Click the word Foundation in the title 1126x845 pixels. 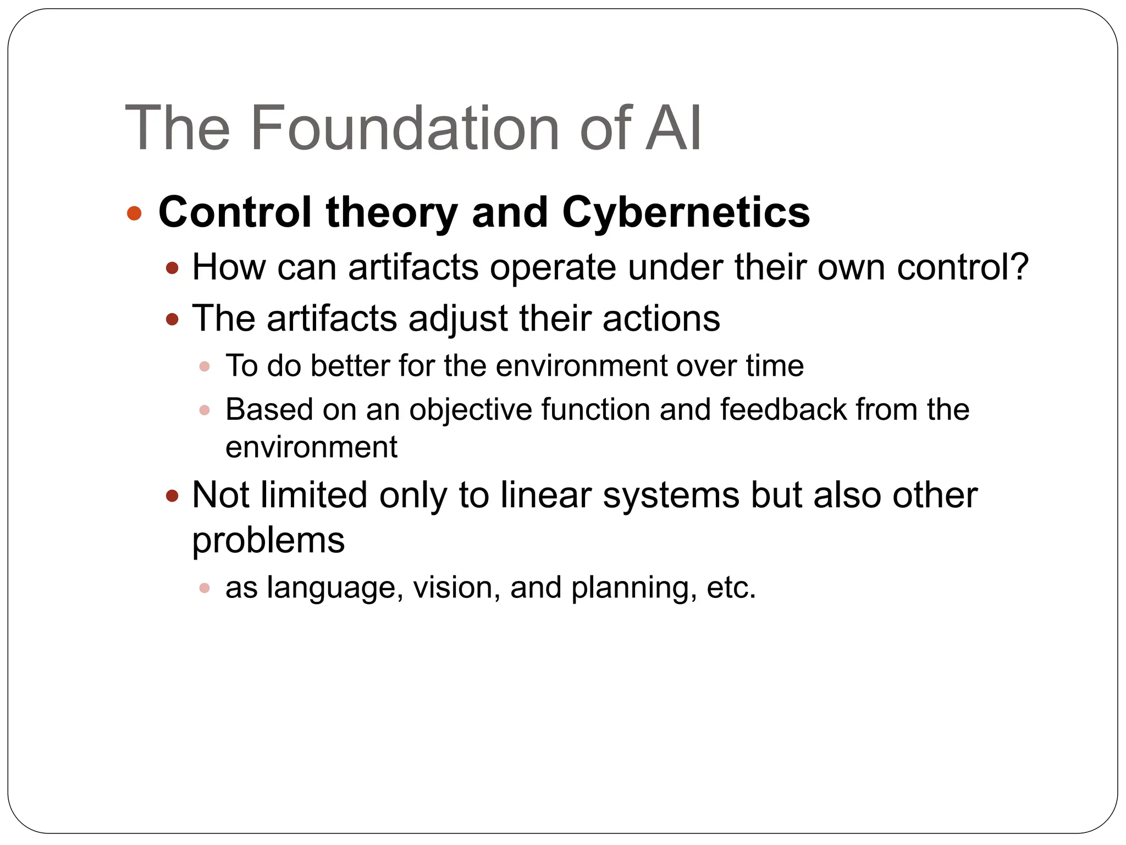coord(405,129)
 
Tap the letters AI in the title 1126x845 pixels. coord(673,129)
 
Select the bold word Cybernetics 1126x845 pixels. coord(686,212)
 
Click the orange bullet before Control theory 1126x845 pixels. coord(134,213)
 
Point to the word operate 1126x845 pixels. coord(553,268)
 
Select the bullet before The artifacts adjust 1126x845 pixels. coord(172,319)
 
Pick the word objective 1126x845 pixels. coord(470,410)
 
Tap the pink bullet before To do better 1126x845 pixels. coord(205,366)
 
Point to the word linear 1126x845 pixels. coord(545,495)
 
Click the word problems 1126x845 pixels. coord(268,540)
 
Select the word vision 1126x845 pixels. coord(452,588)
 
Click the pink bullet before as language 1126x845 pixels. coord(205,588)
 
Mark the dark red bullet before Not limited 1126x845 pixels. coord(172,496)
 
